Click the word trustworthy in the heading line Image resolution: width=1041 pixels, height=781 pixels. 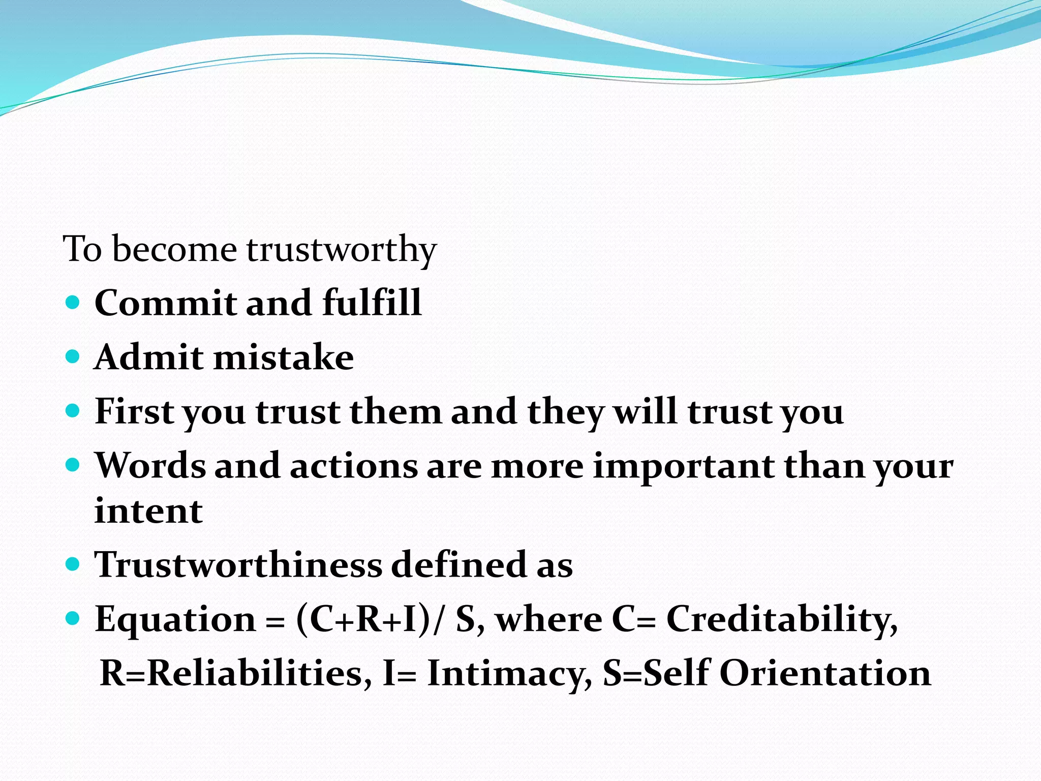tap(341, 250)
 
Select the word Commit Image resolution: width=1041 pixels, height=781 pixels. tap(165, 303)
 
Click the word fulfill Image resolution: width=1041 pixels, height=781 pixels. tap(372, 303)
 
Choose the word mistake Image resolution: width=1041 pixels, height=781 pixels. tap(283, 357)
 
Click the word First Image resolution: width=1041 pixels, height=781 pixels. tap(134, 411)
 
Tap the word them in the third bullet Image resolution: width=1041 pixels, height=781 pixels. tap(395, 411)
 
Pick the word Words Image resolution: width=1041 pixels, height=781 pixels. tap(150, 466)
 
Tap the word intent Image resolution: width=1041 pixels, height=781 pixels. tap(148, 511)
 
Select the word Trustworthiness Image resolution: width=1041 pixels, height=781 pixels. tap(238, 564)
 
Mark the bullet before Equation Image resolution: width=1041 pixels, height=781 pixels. tap(73, 618)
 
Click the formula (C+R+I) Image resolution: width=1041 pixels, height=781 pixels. tap(363, 620)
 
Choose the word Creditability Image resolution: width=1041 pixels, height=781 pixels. tap(781, 620)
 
